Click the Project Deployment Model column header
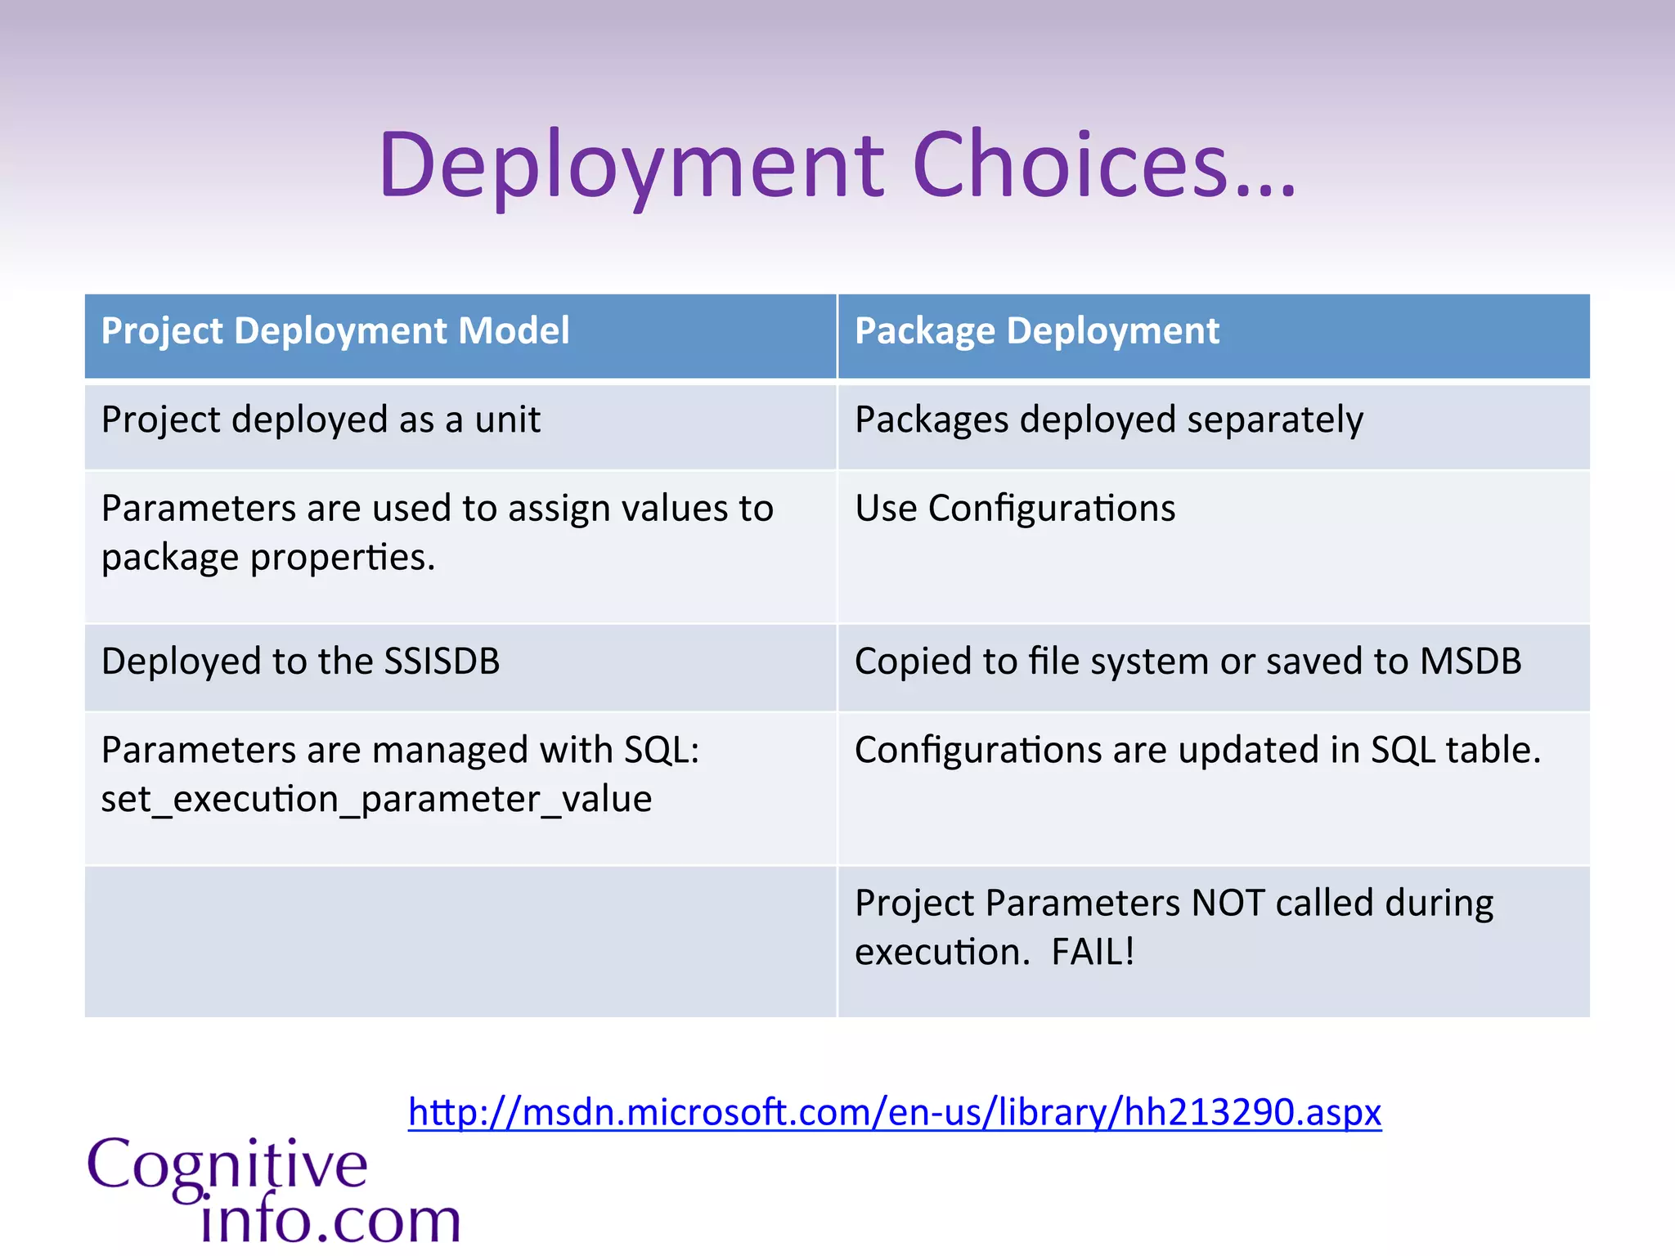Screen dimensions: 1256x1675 (x=335, y=331)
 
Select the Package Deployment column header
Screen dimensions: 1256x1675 (x=1036, y=331)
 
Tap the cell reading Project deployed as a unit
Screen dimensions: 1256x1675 (x=321, y=420)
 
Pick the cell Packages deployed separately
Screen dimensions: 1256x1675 (x=1108, y=420)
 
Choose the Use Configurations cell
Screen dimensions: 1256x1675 (x=1014, y=509)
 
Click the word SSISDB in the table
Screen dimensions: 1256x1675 (x=442, y=662)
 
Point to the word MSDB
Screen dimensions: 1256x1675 (x=1470, y=662)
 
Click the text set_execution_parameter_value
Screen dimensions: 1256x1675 (x=376, y=799)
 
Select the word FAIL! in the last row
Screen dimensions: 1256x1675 (x=1093, y=952)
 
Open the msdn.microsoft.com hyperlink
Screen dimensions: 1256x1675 (x=894, y=1112)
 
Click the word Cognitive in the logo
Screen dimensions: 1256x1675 (x=227, y=1165)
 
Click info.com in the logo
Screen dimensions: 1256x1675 (x=330, y=1220)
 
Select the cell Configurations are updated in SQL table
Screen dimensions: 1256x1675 (x=1197, y=751)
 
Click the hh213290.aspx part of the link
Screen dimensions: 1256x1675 (x=1252, y=1112)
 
